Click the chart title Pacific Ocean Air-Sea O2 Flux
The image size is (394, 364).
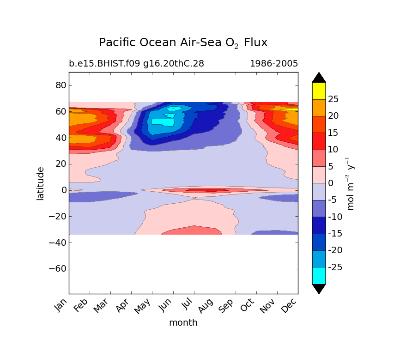(183, 43)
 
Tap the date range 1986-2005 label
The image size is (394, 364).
(274, 64)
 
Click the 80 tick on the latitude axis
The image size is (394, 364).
(61, 85)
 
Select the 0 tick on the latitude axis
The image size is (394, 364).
(64, 190)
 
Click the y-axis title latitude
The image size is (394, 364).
(41, 183)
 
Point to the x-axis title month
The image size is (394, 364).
(183, 323)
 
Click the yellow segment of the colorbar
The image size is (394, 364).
(319, 91)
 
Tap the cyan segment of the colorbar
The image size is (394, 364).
(319, 276)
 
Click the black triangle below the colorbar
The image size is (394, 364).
(319, 289)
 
